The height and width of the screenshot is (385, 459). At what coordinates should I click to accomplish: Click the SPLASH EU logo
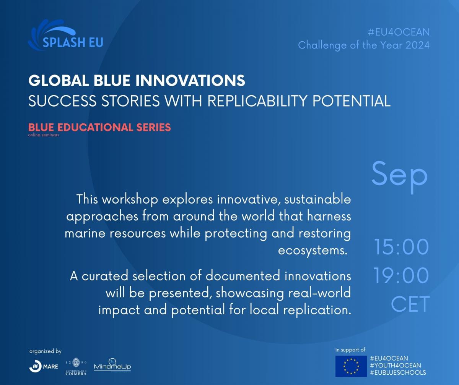pyautogui.click(x=65, y=35)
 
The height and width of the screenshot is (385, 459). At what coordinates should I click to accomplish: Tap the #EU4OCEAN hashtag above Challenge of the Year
pyautogui.click(x=399, y=32)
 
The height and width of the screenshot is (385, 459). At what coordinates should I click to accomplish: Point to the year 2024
pyautogui.click(x=417, y=45)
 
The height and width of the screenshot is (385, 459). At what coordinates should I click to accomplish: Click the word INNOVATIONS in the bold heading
pyautogui.click(x=190, y=80)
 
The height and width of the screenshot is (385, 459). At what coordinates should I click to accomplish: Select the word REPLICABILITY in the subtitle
pyautogui.click(x=257, y=101)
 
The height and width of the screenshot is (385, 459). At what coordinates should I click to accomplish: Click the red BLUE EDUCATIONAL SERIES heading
pyautogui.click(x=99, y=127)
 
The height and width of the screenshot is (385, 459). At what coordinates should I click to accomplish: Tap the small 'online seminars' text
pyautogui.click(x=44, y=135)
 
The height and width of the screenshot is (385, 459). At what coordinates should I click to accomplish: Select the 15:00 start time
pyautogui.click(x=401, y=247)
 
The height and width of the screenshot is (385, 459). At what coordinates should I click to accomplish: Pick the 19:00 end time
pyautogui.click(x=401, y=275)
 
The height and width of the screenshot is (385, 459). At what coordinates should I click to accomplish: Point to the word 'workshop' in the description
pyautogui.click(x=130, y=200)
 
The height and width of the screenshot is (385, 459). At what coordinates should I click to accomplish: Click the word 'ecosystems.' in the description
pyautogui.click(x=313, y=251)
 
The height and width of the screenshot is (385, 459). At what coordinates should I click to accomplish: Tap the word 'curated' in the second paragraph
pyautogui.click(x=105, y=276)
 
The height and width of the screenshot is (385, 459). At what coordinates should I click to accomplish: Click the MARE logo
pyautogui.click(x=44, y=366)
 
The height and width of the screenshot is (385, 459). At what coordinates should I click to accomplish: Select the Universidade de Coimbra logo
pyautogui.click(x=76, y=366)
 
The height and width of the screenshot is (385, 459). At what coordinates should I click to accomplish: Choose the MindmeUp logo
pyautogui.click(x=112, y=365)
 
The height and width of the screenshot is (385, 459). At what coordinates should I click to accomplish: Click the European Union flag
pyautogui.click(x=351, y=366)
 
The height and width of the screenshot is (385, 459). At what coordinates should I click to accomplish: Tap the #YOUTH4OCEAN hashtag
pyautogui.click(x=396, y=365)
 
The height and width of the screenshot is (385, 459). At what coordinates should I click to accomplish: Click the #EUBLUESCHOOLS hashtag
pyautogui.click(x=398, y=372)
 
